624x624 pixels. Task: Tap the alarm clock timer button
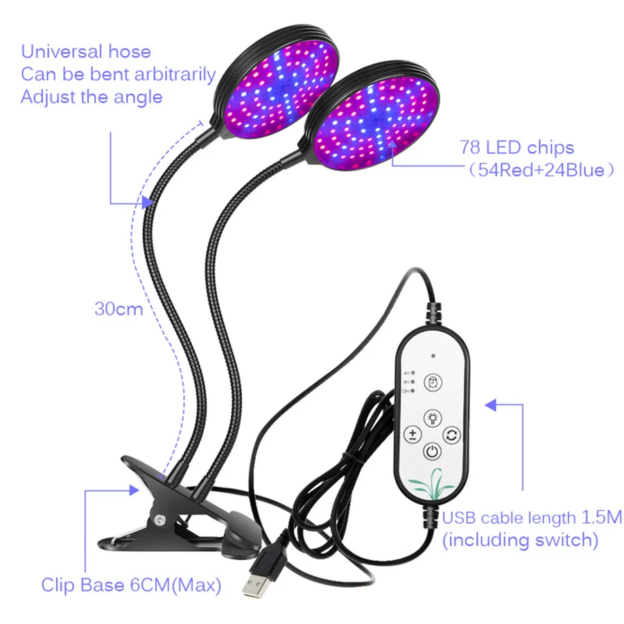[x=431, y=382]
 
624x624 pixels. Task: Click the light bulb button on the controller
[x=431, y=418]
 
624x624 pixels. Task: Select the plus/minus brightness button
[x=413, y=435]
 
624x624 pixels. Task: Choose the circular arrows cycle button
[x=451, y=435]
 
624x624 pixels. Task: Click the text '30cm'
[x=119, y=309]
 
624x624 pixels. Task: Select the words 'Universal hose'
[x=85, y=51]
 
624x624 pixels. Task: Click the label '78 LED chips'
[x=517, y=147]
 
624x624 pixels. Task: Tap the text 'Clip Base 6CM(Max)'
[x=131, y=585]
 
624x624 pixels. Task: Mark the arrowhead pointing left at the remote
[x=491, y=404]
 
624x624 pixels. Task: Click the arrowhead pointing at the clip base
[x=134, y=489]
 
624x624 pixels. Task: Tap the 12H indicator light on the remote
[x=413, y=392]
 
